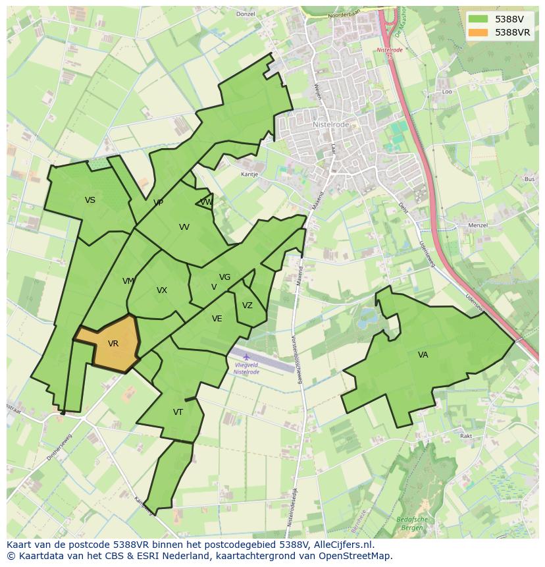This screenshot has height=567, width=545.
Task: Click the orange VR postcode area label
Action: (x=113, y=344)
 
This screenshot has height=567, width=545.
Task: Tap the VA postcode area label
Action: (x=423, y=355)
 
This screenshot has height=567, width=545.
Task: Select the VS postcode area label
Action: (x=90, y=200)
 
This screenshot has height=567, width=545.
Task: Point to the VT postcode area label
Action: (x=178, y=412)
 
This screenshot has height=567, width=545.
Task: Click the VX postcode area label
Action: (x=162, y=290)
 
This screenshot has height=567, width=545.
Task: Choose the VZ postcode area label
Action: (x=247, y=306)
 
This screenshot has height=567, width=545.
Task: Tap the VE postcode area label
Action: (x=217, y=319)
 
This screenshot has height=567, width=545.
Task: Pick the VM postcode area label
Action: (x=128, y=281)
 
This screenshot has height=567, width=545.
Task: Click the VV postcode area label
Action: (x=184, y=227)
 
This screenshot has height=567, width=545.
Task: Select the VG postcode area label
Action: (x=225, y=277)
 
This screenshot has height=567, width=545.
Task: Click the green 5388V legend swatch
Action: (x=478, y=19)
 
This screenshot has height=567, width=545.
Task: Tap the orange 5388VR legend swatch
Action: (x=478, y=32)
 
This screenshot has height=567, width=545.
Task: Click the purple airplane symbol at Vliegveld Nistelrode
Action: (x=246, y=357)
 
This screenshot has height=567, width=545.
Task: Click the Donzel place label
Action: (x=245, y=14)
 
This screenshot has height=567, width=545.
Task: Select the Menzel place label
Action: (x=477, y=225)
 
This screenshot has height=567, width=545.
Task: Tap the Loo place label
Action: (x=448, y=92)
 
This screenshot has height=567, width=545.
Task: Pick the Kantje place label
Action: (x=249, y=175)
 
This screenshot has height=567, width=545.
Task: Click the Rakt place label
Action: (x=466, y=436)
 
